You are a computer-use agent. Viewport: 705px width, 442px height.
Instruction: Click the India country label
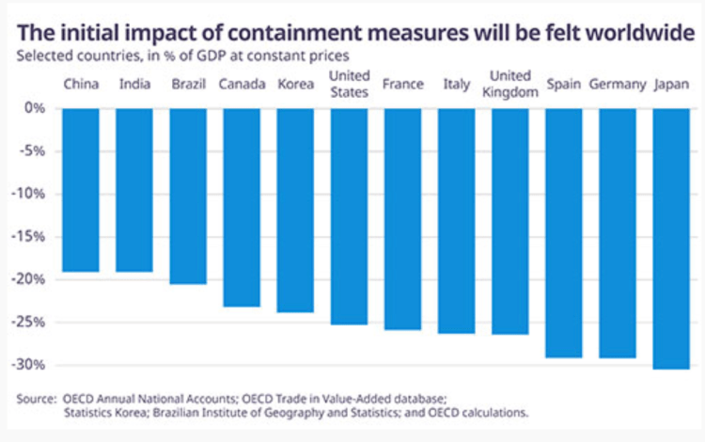coord(134,85)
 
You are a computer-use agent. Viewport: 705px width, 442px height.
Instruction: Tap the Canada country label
coord(241,85)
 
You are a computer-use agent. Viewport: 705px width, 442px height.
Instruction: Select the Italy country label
coord(456,85)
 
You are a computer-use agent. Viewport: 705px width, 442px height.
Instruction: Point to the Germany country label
coord(617,85)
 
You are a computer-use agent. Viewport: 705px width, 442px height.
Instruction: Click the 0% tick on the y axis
coord(36,108)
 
